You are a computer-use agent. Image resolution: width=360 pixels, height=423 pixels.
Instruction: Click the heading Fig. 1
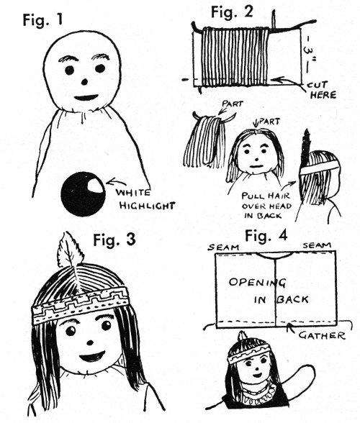pyautogui.click(x=42, y=19)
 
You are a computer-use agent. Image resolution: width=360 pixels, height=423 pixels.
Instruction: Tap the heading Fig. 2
pyautogui.click(x=232, y=12)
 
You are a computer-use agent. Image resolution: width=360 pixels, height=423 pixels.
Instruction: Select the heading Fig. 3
pyautogui.click(x=114, y=240)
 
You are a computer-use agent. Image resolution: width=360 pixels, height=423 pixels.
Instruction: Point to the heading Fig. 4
pyautogui.click(x=266, y=236)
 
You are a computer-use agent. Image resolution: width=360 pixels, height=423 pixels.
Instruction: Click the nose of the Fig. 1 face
pyautogui.click(x=85, y=81)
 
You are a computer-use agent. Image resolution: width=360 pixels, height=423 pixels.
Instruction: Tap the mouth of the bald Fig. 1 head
pyautogui.click(x=86, y=97)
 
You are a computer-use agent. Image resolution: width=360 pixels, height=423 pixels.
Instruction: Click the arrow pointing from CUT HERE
pyautogui.click(x=288, y=81)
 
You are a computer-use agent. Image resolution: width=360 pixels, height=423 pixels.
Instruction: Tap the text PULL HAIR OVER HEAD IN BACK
pyautogui.click(x=266, y=205)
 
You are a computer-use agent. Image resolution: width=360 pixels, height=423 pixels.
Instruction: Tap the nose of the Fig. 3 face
pyautogui.click(x=90, y=343)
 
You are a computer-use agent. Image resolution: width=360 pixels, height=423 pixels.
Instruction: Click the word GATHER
pyautogui.click(x=321, y=335)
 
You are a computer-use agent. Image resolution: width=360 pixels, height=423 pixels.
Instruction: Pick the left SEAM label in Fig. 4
pyautogui.click(x=224, y=247)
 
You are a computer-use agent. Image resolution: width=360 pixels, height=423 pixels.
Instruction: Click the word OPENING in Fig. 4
pyautogui.click(x=257, y=283)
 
